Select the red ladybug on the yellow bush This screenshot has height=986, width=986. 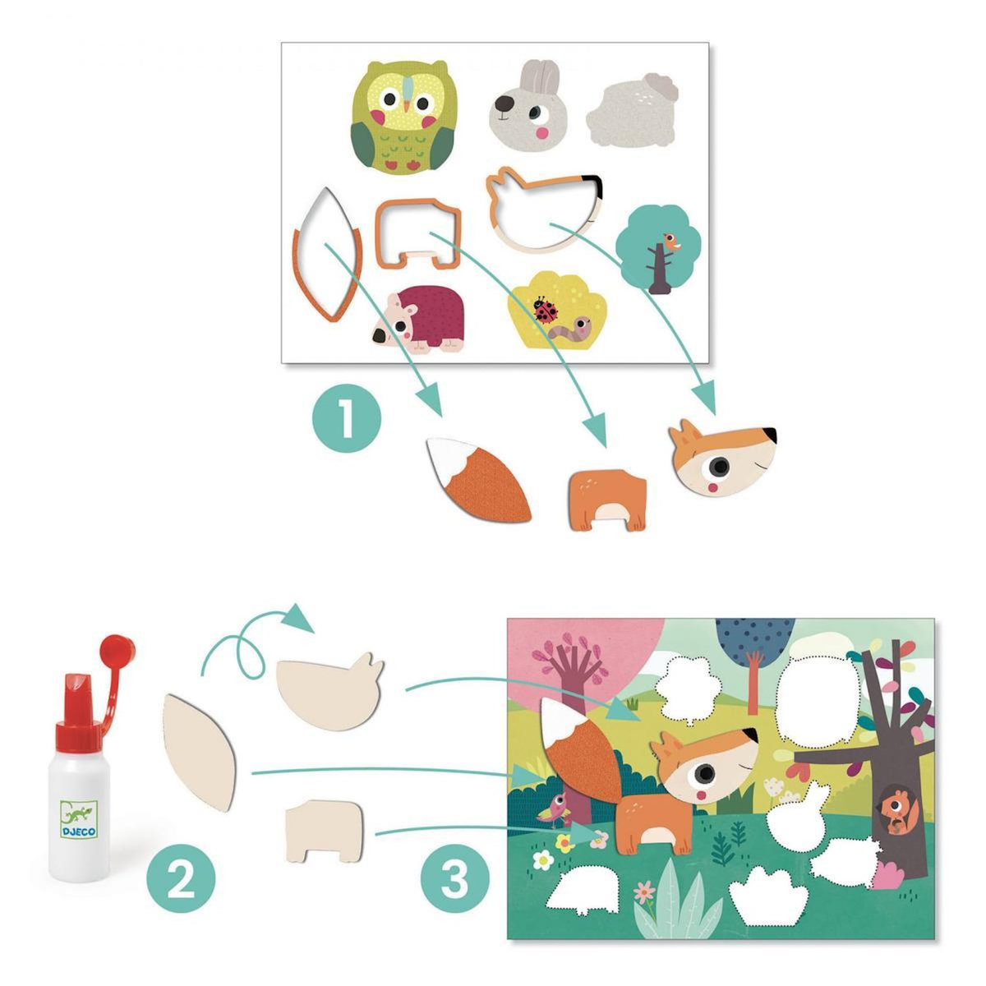[543, 307]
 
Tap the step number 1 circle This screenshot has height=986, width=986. [346, 418]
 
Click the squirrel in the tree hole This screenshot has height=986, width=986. [896, 812]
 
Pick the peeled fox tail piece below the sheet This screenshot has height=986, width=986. [478, 481]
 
